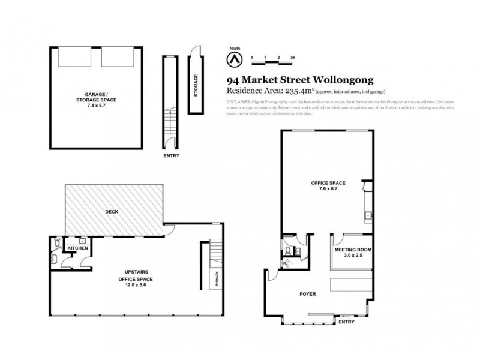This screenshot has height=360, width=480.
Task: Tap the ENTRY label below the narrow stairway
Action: click(x=170, y=155)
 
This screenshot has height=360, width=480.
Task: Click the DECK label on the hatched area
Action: click(x=112, y=211)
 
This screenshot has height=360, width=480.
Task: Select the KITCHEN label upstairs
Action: click(x=78, y=248)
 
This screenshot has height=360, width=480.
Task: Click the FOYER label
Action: click(x=307, y=294)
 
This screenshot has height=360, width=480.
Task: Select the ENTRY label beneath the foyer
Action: click(x=346, y=322)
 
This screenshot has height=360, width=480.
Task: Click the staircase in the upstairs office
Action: click(x=215, y=252)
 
